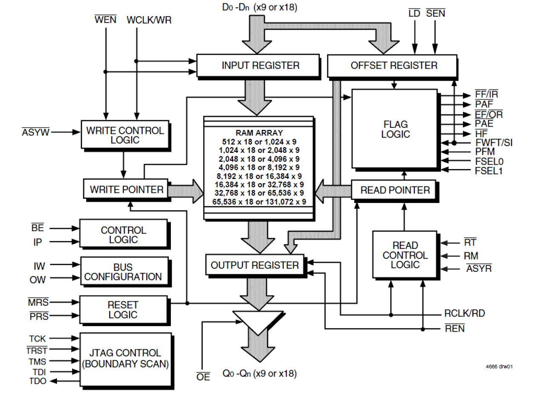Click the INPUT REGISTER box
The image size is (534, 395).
click(x=258, y=65)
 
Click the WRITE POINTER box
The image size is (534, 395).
click(x=126, y=189)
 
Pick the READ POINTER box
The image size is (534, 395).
click(x=395, y=190)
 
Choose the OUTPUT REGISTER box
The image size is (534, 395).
click(x=254, y=265)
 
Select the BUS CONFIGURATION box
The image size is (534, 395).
click(x=123, y=272)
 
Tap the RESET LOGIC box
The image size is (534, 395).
click(x=123, y=310)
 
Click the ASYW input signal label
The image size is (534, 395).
click(x=35, y=133)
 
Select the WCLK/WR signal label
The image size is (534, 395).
click(x=149, y=20)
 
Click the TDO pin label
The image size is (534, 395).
click(x=37, y=381)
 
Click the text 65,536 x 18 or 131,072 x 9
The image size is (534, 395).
click(x=258, y=202)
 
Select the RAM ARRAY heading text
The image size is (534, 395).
click(x=258, y=133)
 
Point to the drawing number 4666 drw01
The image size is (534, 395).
click(x=499, y=366)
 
